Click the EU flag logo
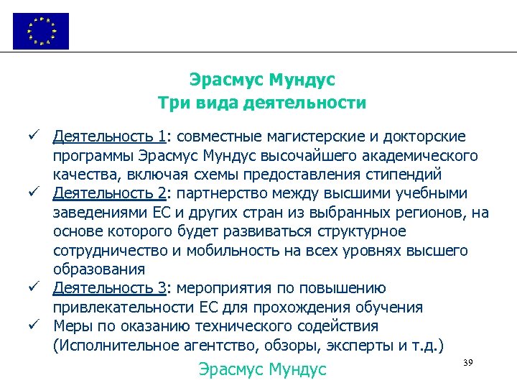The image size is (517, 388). click(41, 31)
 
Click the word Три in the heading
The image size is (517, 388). click(173, 103)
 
